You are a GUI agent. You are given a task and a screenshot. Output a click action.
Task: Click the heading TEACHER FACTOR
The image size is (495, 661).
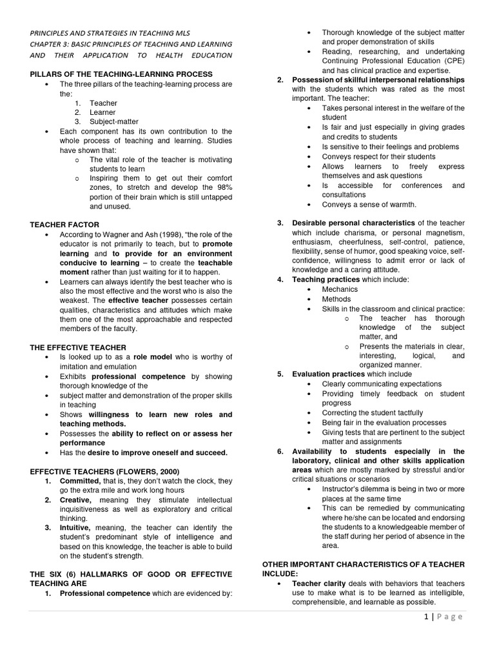61,224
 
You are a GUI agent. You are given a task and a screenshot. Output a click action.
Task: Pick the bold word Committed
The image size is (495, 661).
81,482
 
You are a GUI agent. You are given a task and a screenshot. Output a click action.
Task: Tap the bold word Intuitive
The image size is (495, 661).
77,527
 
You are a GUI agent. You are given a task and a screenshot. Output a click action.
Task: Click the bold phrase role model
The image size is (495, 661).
150,357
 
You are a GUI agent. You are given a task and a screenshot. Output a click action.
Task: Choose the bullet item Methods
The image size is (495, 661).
336,300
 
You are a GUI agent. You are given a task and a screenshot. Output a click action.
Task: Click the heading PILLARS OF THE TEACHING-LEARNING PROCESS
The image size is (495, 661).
121,75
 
